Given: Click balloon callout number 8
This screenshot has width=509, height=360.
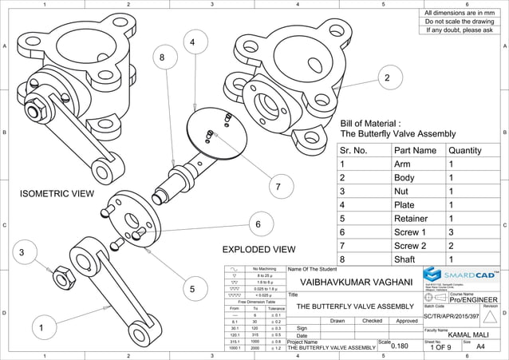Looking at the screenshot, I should pos(163,57).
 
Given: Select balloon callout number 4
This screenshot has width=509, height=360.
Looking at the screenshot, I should pos(192,42).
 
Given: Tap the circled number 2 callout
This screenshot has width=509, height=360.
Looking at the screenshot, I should pos(387,77).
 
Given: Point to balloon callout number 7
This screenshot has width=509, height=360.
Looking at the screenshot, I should pos(278,188).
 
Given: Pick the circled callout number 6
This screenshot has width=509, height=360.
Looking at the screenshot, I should pos(258,225).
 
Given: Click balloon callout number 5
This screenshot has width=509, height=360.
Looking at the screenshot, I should pos(192,288).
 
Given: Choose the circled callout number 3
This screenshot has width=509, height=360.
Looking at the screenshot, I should pos(23,254).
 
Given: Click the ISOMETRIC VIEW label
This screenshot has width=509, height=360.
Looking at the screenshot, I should pos(57,194).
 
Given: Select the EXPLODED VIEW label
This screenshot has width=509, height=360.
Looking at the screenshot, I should pos(258,249).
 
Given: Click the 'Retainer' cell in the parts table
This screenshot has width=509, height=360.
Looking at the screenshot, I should pos(413,218).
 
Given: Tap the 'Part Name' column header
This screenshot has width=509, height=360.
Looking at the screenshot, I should pos(415,150).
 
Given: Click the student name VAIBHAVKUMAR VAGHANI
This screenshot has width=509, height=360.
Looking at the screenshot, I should pos(356,283).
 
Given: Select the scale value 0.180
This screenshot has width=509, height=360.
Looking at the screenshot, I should pos(404,346).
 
